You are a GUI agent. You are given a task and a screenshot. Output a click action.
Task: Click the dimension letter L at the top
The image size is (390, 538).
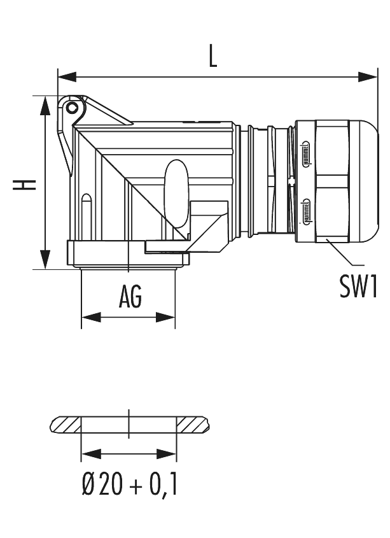point(214,57)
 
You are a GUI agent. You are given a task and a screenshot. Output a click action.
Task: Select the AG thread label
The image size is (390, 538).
point(130,296)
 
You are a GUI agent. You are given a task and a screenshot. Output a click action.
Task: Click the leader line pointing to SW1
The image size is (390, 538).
point(344,255)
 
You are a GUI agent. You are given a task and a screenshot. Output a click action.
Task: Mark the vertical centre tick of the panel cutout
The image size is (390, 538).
point(129,423)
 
